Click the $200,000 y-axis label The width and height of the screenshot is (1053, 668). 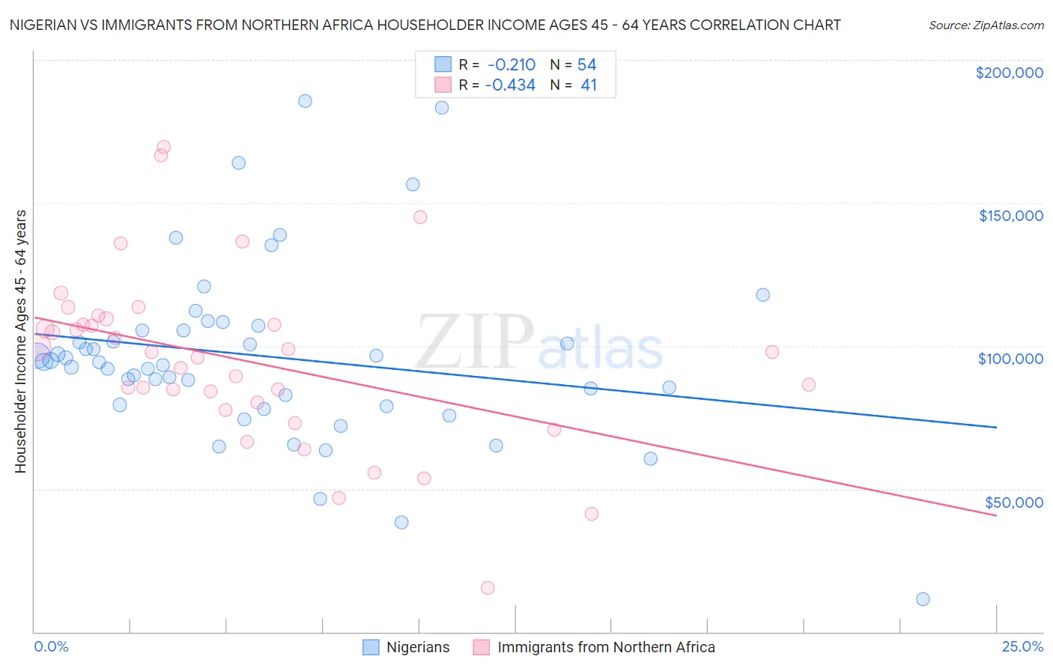pos(1009,73)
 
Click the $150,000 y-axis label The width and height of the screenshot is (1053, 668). pos(1010,216)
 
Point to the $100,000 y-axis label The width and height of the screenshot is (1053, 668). pos(1010,359)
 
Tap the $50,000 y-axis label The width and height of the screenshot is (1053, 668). pos(1013,502)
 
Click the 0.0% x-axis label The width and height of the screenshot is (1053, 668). pos(51,646)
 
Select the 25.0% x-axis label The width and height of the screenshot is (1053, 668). pos(1022,646)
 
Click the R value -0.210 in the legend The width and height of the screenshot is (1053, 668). pos(511,64)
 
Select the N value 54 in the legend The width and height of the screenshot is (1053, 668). pos(586,64)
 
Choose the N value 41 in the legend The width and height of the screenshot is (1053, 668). pos(589,85)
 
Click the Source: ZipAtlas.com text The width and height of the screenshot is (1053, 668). pos(986,25)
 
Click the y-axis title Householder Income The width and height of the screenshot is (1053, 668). pos(20,341)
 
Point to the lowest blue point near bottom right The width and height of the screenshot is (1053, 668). pos(923,599)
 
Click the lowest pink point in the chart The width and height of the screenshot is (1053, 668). pos(488,588)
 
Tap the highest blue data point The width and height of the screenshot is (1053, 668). pos(305,101)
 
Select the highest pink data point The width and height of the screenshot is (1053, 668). pos(164,148)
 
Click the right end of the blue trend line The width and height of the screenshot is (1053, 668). pos(996,427)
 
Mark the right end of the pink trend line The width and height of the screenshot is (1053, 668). pos(996,516)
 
